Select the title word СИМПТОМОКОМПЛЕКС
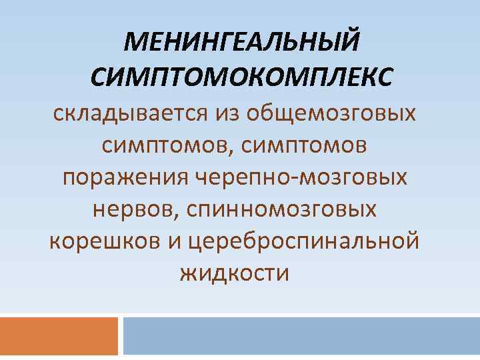click(241, 77)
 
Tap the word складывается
click(131, 113)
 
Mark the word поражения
click(127, 177)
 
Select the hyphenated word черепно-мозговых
click(303, 177)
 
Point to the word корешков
click(103, 241)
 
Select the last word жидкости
click(235, 273)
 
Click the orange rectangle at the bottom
click(59, 336)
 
